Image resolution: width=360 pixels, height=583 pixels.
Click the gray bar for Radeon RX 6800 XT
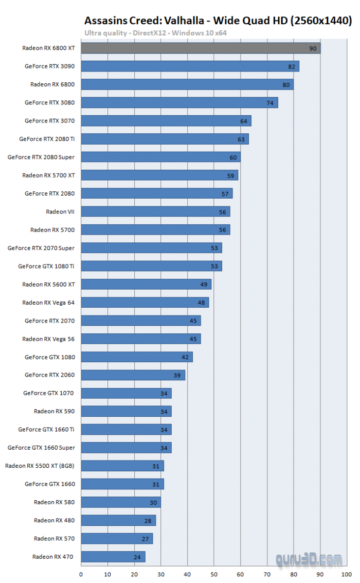pos(201,48)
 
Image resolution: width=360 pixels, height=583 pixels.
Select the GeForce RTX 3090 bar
pos(190,66)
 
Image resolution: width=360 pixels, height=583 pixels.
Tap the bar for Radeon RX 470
pos(113,556)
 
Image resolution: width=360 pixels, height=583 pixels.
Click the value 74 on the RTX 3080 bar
pos(270,102)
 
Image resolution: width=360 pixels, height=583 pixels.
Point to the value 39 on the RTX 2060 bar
pos(177,375)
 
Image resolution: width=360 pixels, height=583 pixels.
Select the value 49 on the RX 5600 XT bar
pos(204,284)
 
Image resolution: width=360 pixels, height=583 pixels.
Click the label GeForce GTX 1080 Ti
pos(46,266)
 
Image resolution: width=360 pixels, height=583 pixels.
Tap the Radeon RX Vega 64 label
pos(48,302)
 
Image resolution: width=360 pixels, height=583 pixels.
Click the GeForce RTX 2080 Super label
pos(41,157)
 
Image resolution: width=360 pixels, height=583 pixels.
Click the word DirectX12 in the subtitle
pos(150,32)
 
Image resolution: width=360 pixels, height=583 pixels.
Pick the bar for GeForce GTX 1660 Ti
pos(126,429)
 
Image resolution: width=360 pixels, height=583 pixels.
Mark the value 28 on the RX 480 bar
pos(148,521)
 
